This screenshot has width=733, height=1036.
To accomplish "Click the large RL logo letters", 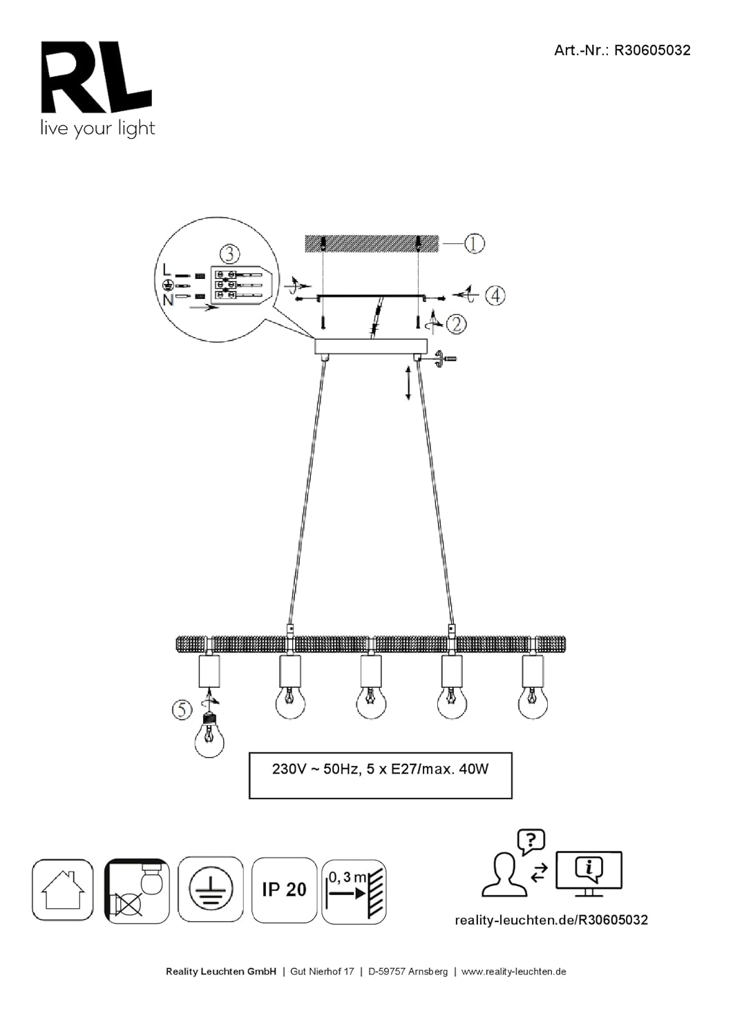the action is pyautogui.click(x=96, y=77).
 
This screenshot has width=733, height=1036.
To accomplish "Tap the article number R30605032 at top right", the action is pyautogui.click(x=652, y=50).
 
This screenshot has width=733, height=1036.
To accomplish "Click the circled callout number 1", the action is pyautogui.click(x=474, y=243).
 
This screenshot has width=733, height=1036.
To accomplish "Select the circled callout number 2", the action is pyautogui.click(x=456, y=324).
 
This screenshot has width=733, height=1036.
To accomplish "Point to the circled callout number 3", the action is pyautogui.click(x=230, y=254).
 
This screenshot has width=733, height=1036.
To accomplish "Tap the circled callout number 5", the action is pyautogui.click(x=182, y=709).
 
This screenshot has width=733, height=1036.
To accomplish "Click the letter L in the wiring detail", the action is pyautogui.click(x=167, y=269).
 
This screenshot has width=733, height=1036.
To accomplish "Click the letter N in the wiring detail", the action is pyautogui.click(x=168, y=300).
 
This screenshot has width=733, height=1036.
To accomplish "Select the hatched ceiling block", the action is pyautogui.click(x=371, y=243).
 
